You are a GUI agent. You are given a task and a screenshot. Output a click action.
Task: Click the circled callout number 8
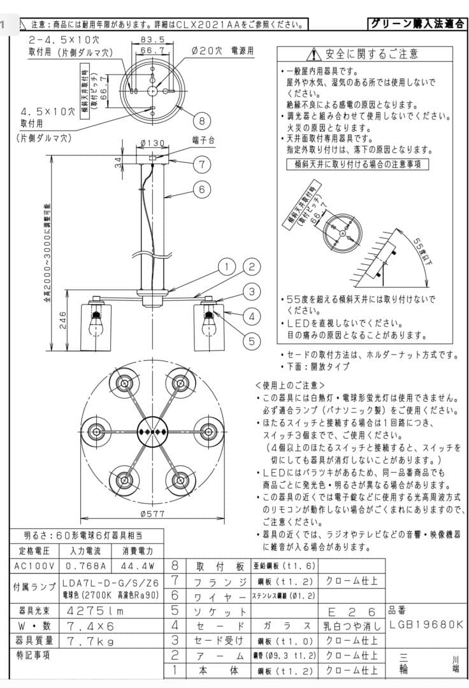tap(201, 121)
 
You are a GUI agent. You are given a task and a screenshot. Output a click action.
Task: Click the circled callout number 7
tap(201, 164)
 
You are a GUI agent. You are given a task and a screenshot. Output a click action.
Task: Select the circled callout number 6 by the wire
tap(201, 189)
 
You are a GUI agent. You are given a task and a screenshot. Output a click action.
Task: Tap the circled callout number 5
tap(252, 341)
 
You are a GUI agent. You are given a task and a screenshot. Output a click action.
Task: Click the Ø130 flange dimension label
tap(151, 143)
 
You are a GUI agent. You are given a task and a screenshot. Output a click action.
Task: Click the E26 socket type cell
tap(351, 611)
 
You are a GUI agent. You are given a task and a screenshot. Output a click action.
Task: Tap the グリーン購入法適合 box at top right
tap(417, 24)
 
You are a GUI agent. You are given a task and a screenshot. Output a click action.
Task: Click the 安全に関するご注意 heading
tap(364, 54)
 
